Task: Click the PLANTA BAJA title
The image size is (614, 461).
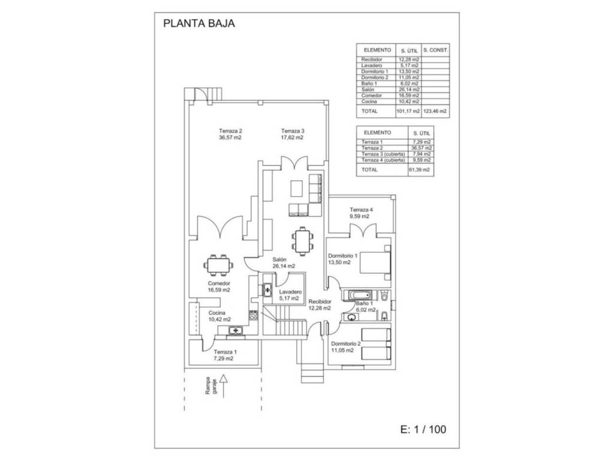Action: [x=199, y=23]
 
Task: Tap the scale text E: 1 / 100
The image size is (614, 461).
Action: [x=423, y=429]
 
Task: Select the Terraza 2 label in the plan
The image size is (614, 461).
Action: [x=230, y=131]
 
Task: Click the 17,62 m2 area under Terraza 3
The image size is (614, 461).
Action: [x=292, y=137]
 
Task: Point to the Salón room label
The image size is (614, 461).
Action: [x=279, y=259]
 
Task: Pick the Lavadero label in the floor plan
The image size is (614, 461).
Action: [x=290, y=292]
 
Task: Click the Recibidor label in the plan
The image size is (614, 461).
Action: [x=320, y=301]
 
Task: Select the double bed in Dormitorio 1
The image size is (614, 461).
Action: [x=375, y=263]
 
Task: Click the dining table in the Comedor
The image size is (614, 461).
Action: [x=218, y=265]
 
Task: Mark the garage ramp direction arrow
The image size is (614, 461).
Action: [x=223, y=387]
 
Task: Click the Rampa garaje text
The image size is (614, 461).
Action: [x=211, y=386]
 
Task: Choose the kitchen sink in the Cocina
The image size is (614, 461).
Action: [x=235, y=331]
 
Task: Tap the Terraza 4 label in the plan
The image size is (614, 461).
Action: [x=361, y=209]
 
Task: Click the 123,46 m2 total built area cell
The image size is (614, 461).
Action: [x=435, y=111]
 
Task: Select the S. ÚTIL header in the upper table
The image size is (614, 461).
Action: [x=409, y=50]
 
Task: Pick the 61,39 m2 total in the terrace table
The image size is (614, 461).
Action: [x=419, y=170]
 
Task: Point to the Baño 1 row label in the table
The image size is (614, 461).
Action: [x=369, y=83]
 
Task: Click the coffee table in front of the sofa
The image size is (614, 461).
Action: [x=296, y=188]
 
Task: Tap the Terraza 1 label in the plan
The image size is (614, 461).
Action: [x=225, y=352]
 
